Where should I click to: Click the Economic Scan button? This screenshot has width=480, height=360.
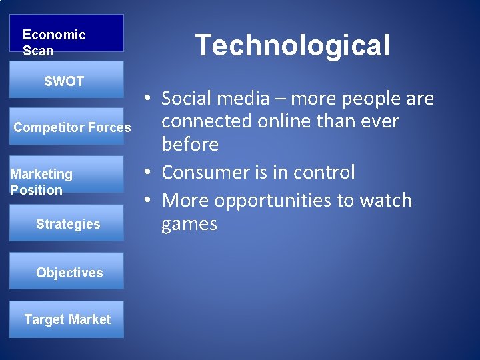66,33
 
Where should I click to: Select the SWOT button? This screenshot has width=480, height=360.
66,81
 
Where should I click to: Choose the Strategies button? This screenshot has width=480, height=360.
66,223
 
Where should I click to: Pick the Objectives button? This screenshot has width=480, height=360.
66,271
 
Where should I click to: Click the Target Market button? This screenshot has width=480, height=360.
66,319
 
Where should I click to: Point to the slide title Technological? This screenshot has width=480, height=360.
292,45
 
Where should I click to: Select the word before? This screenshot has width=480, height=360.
190,144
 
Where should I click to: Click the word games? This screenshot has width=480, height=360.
189,223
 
